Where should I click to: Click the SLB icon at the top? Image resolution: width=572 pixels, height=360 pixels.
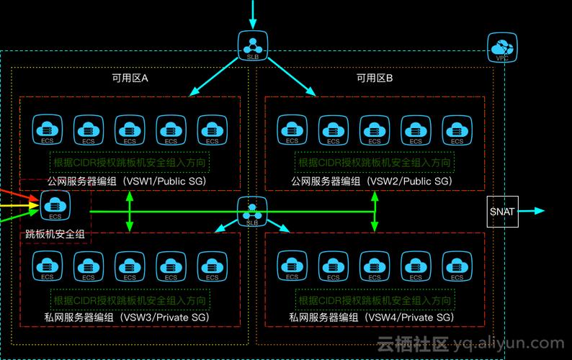252,45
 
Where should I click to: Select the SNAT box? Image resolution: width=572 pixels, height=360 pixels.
502,212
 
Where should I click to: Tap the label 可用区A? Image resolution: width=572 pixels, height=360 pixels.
130,78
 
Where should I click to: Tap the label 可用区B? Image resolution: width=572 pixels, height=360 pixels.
375,78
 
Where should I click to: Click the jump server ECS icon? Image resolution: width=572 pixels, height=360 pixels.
55,206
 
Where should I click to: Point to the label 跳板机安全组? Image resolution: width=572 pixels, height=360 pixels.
55,234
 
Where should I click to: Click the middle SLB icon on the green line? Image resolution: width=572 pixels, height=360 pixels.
252,212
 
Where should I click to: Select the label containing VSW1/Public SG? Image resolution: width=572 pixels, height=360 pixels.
127,181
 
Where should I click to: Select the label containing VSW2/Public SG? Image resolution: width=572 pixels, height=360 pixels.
372,181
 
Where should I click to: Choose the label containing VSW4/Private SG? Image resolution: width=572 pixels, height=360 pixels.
372,318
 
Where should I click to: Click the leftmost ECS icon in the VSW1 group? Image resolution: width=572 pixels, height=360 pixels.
47,131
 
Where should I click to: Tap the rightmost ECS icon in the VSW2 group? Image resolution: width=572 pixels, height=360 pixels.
457,131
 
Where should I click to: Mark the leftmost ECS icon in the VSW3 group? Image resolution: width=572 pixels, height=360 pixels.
47,267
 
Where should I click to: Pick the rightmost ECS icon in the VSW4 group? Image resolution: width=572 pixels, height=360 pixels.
457,267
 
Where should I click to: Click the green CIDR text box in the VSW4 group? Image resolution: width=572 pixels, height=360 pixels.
375,300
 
